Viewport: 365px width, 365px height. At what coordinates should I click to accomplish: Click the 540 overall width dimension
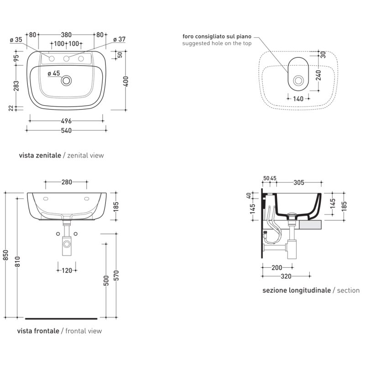(x=66, y=130)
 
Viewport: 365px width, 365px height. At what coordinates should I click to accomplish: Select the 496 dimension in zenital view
(x=66, y=121)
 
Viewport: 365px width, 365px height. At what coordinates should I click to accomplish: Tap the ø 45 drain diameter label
(x=54, y=73)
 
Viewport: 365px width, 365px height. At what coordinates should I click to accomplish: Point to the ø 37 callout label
(x=120, y=40)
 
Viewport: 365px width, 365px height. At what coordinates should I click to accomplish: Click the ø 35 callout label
(x=16, y=40)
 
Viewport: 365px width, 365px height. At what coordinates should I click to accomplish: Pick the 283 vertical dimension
(x=16, y=86)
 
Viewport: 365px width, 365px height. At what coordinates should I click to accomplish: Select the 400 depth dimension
(x=126, y=81)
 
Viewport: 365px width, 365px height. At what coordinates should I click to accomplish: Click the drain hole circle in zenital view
(x=66, y=81)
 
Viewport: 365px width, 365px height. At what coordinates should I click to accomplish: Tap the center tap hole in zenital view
(x=66, y=58)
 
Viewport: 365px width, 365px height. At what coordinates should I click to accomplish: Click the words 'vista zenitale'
(x=40, y=156)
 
